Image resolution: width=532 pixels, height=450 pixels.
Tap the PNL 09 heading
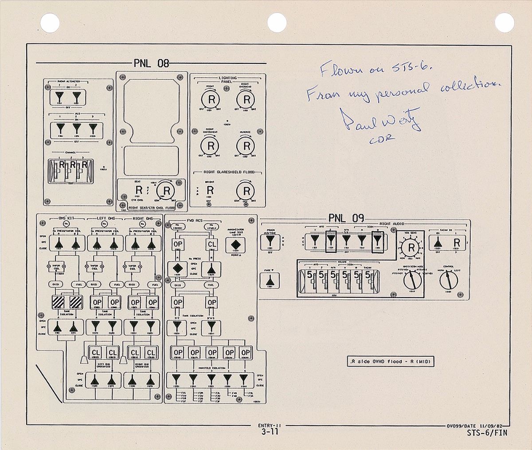pos(346,218)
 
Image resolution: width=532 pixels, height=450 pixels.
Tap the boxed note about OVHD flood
pos(390,362)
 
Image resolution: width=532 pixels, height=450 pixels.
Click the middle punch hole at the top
pos(277,20)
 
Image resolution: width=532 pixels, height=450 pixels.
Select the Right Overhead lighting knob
pos(245,99)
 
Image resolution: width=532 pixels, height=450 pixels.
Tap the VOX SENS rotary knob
pos(411,248)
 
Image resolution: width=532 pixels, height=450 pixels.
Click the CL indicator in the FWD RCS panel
pos(212,245)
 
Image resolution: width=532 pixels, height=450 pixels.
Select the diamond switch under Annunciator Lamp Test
pos(235,245)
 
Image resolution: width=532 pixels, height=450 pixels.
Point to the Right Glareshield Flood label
pos(227,172)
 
